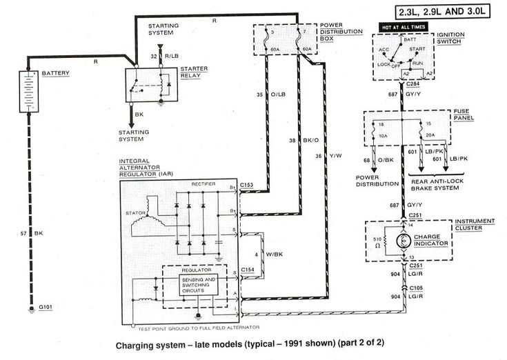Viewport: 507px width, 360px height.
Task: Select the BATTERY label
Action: pos(54,73)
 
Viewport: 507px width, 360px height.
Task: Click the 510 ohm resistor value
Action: pos(378,241)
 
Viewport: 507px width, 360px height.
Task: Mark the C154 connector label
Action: pos(246,270)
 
